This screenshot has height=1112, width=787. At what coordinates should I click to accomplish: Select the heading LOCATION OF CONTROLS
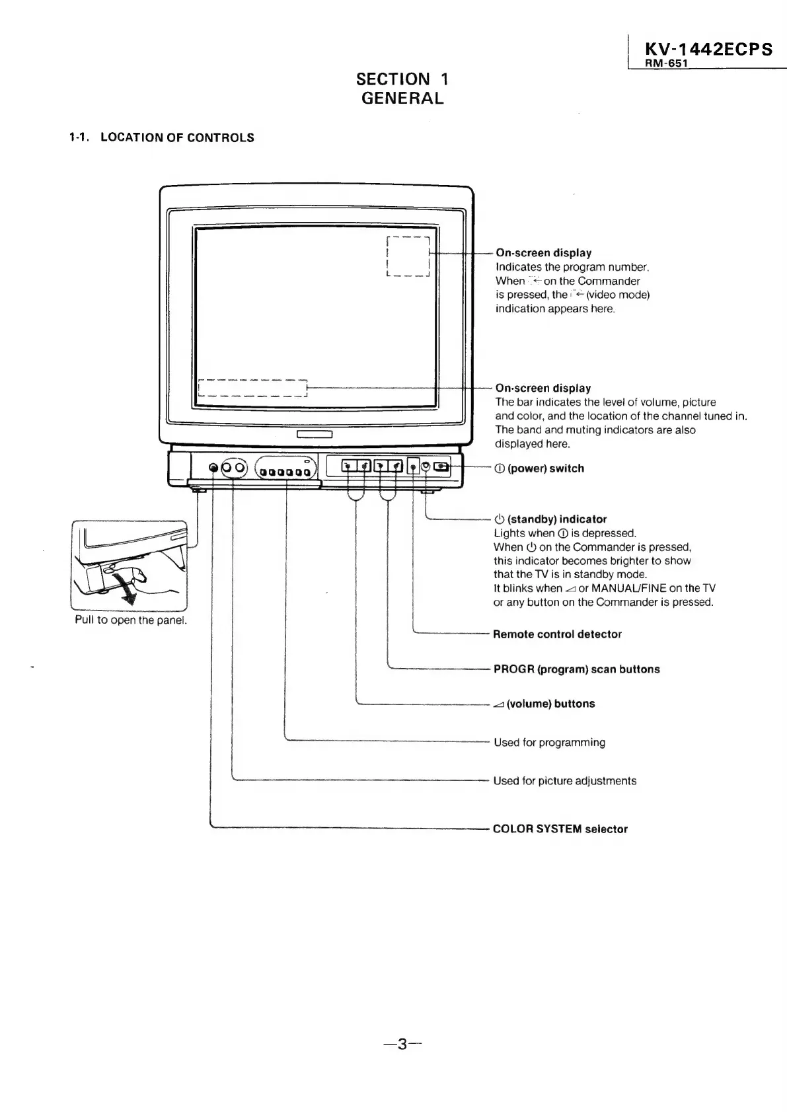click(x=177, y=137)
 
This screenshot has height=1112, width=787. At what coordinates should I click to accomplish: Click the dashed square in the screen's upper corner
click(x=408, y=256)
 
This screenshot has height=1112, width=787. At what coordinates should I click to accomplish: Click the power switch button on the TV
click(x=441, y=468)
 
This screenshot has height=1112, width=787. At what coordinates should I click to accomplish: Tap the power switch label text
click(x=545, y=468)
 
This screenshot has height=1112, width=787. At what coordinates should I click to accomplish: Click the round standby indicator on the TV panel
click(x=426, y=468)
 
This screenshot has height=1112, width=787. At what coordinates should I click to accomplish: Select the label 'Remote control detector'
click(x=557, y=634)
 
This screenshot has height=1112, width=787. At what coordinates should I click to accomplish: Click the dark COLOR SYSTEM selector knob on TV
click(x=213, y=468)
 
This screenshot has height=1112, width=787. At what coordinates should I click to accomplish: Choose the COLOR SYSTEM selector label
click(x=560, y=829)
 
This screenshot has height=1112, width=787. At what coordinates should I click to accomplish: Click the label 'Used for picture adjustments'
click(x=565, y=781)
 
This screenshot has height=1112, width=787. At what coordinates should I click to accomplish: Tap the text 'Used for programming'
click(x=549, y=743)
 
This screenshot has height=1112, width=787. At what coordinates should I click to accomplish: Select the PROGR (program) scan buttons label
click(x=576, y=669)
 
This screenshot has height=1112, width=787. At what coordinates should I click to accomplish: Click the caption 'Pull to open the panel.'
click(x=131, y=620)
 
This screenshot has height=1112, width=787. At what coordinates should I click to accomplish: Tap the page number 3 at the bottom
click(x=402, y=1045)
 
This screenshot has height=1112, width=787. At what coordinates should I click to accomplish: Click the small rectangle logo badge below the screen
click(x=314, y=435)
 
